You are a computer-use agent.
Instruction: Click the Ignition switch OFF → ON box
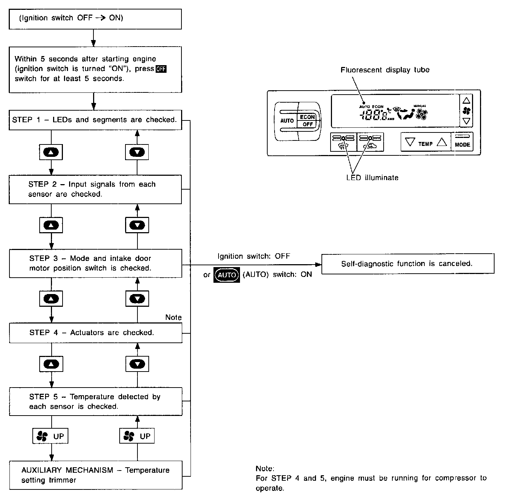coord(95,19)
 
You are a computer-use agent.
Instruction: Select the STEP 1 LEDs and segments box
coord(95,120)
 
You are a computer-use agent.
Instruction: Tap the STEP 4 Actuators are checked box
coord(95,333)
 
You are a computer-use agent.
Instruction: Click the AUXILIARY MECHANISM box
coord(95,475)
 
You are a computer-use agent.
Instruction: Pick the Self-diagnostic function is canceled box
coord(408,263)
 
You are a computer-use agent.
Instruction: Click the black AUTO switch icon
coord(227,275)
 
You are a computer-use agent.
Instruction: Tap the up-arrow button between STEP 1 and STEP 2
coord(51,152)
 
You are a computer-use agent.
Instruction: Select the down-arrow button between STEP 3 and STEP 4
coord(137,299)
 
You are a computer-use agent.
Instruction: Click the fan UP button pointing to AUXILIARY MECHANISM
coord(51,436)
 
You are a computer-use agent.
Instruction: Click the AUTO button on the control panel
coord(287,120)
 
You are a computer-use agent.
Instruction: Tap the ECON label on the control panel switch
coord(307,117)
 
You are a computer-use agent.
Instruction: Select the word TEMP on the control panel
coord(425,144)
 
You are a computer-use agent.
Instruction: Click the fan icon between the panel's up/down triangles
coord(466,111)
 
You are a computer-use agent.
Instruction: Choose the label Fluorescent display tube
coord(385,70)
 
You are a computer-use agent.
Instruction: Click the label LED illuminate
coord(372,178)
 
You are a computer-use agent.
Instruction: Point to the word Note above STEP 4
coord(173,317)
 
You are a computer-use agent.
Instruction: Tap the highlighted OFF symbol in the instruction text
coord(161,69)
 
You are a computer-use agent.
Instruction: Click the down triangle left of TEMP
coord(410,142)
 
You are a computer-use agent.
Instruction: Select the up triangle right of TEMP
coord(441,142)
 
